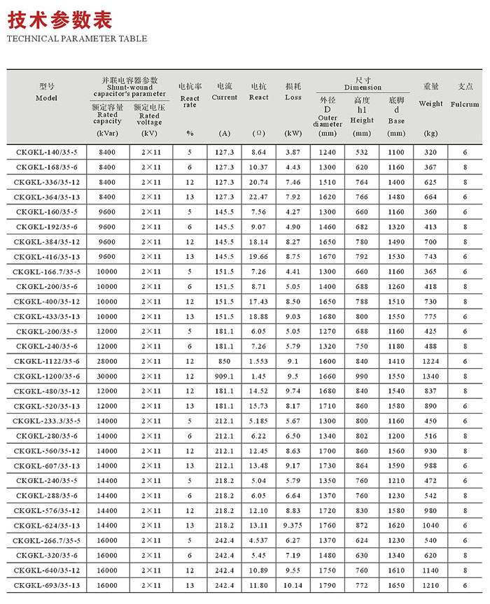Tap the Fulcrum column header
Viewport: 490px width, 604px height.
tap(465, 95)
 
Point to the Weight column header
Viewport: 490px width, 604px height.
tap(430, 95)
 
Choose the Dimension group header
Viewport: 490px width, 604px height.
tap(363, 83)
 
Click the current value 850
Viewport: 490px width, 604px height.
tap(224, 361)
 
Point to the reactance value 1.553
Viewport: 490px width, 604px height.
tap(258, 361)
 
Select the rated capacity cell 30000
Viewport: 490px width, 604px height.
tap(108, 376)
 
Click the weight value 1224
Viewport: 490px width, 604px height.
tap(430, 361)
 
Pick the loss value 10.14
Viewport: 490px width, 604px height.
tap(293, 584)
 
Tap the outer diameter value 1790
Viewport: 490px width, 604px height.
tap(328, 584)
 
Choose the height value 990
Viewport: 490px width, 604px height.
tap(362, 376)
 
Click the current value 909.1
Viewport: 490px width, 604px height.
tap(224, 376)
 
